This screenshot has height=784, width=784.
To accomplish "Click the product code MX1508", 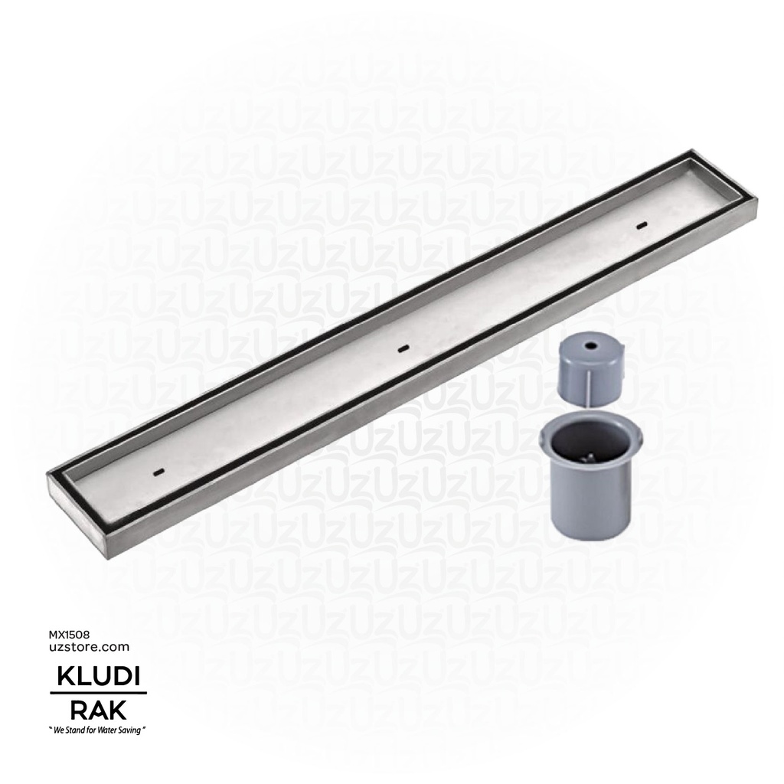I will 70,635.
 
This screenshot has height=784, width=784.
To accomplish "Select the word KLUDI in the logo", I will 99,678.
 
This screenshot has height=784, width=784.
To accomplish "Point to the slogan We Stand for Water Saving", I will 98,731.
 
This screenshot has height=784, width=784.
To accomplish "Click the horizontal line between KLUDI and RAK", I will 98,694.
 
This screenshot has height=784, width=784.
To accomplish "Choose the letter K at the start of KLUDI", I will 60,678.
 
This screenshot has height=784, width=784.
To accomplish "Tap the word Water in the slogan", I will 110,731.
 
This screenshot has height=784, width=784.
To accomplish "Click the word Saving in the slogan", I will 131,731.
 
